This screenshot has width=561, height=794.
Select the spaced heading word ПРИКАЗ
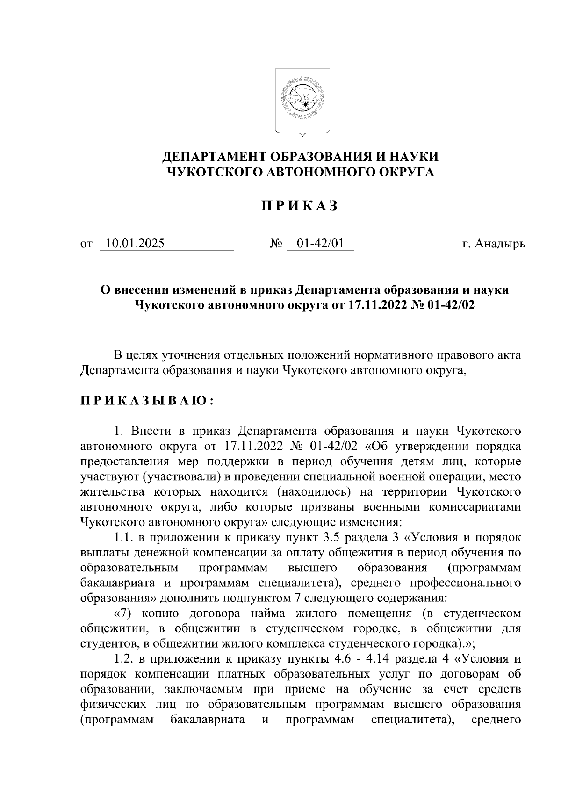point(299,206)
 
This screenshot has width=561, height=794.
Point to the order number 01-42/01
point(320,244)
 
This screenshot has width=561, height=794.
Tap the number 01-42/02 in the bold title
point(441,305)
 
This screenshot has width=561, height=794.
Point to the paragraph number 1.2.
point(125,659)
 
